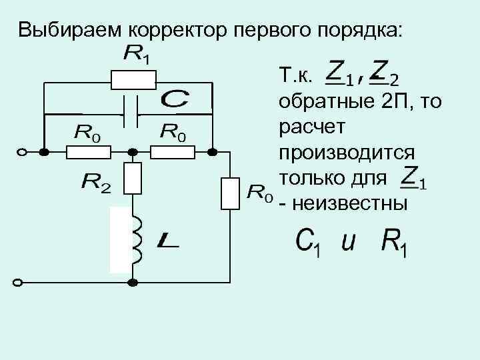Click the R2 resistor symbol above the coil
coord(133,178)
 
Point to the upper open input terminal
coord(21,152)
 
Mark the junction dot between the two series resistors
coord(133,152)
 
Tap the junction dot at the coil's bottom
coord(133,282)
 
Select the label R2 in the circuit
coord(95,181)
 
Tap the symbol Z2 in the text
coord(385,74)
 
